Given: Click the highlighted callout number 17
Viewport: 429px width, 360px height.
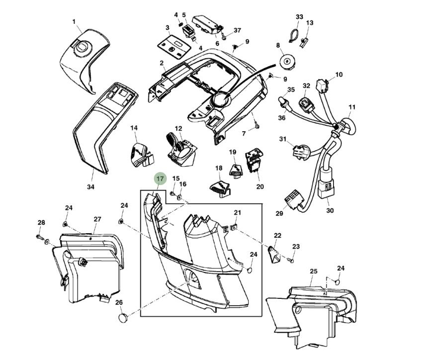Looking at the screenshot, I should [160, 179].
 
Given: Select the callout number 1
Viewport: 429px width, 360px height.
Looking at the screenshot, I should [74, 21].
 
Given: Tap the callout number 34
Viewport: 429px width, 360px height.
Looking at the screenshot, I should [90, 187].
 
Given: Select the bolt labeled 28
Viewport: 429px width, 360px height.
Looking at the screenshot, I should [39, 237].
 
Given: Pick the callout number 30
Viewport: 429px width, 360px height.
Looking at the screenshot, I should [330, 210].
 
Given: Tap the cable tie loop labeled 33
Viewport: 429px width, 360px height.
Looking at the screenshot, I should [293, 34].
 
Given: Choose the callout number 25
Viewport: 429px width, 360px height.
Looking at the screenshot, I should [313, 271].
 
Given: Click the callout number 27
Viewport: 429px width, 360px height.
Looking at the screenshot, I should [97, 219].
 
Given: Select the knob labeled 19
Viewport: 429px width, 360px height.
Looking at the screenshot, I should [235, 169].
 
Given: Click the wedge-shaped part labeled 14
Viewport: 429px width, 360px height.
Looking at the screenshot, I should [140, 154].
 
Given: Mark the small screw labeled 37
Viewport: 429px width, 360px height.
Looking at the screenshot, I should [225, 37].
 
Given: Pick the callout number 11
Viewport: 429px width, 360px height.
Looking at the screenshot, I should [352, 107].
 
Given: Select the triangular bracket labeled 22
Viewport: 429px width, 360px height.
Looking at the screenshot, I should [273, 255].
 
